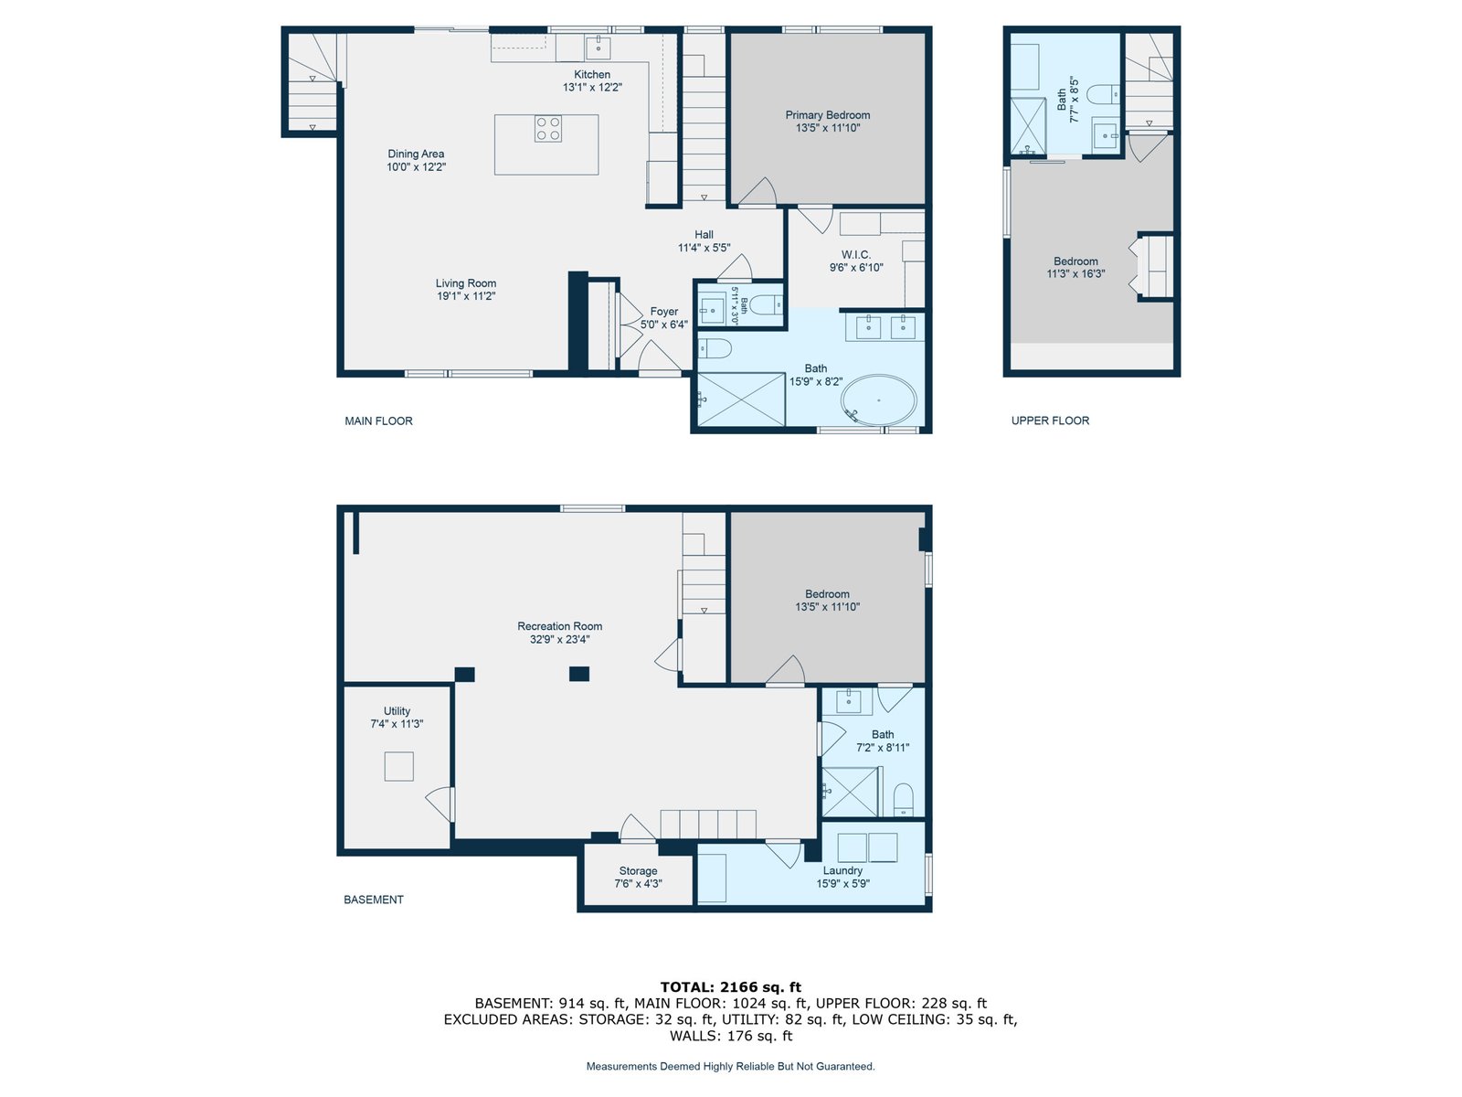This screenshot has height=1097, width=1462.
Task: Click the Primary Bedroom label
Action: (827, 115)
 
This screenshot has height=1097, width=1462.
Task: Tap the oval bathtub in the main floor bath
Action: (878, 400)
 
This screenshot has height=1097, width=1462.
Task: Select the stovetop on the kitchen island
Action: (547, 129)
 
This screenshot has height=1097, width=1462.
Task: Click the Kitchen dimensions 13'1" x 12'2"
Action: (592, 87)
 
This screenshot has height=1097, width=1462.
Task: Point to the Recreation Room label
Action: (559, 626)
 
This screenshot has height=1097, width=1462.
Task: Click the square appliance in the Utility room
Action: (399, 766)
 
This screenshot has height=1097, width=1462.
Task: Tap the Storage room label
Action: (638, 870)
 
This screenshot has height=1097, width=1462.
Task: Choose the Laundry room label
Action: (842, 870)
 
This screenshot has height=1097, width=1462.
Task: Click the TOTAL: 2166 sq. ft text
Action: (731, 987)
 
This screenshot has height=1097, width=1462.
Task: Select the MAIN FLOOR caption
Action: (378, 421)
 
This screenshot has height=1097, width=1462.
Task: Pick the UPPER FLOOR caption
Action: (1051, 421)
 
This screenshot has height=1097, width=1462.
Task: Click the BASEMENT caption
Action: (374, 900)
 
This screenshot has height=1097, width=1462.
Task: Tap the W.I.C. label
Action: (856, 254)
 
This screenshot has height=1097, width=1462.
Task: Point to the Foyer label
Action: (664, 312)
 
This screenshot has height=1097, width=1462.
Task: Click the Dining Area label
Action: (416, 154)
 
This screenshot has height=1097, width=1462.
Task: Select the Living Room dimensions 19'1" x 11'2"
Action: (466, 296)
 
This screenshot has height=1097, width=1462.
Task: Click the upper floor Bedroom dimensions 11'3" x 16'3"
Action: (1075, 273)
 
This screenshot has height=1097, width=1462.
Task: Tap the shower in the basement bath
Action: (851, 792)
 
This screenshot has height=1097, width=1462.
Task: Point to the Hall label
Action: (704, 234)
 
